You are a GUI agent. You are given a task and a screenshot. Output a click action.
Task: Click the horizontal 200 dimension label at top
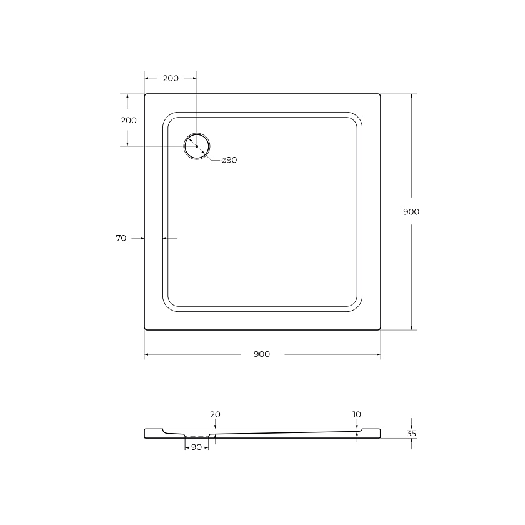pos(171,78)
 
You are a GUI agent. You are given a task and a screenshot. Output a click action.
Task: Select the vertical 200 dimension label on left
pos(129,120)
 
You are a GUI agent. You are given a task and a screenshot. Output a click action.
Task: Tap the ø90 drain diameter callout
pos(229,160)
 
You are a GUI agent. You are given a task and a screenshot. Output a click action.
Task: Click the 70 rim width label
pos(121,238)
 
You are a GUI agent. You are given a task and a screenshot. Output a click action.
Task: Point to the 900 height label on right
pos(411,212)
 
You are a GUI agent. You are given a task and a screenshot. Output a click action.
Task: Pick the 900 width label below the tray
pos(262,354)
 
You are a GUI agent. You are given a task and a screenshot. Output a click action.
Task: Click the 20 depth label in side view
pos(215,414)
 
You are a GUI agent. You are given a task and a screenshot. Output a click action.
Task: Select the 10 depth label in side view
pos(357,414)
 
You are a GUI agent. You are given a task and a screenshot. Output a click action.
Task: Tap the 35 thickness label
pos(411,434)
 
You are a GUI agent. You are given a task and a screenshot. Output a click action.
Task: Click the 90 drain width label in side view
pos(196,447)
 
